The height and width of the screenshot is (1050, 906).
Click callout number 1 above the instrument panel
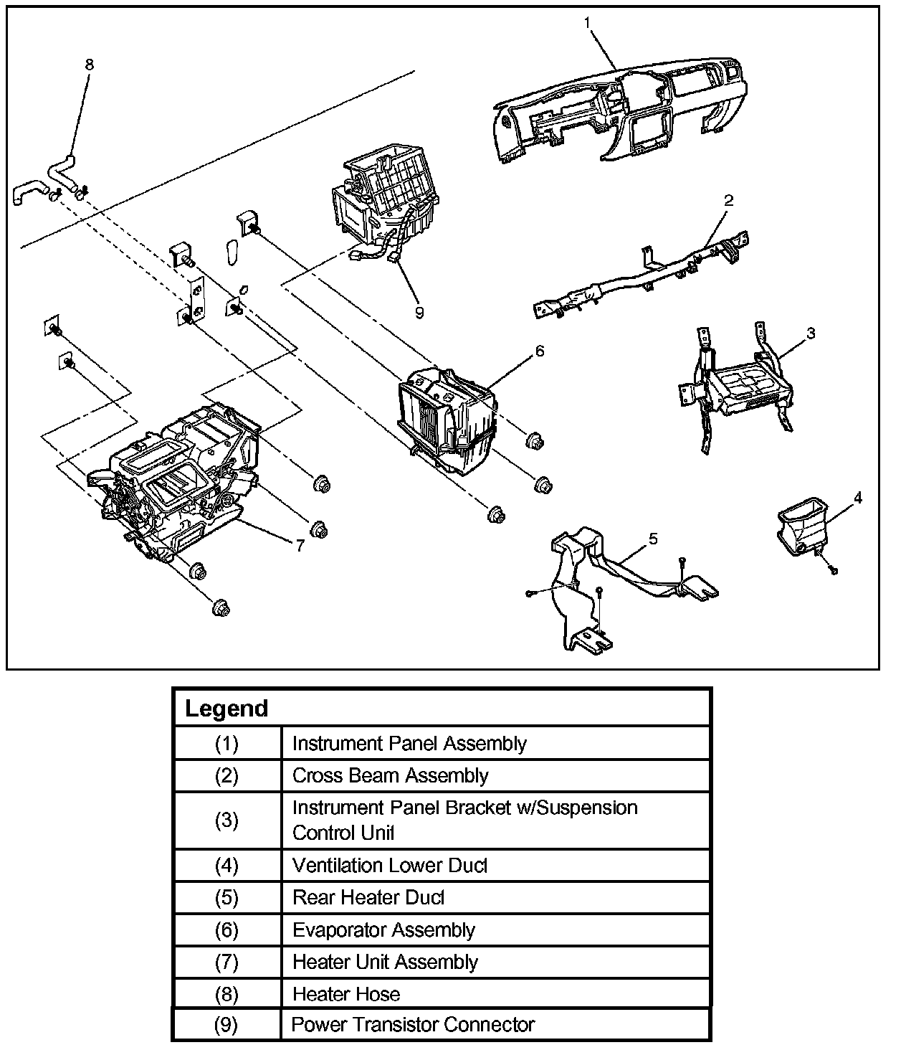point(588,23)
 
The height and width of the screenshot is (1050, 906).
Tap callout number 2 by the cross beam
point(728,200)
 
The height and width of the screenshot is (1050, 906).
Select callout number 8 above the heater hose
point(89,65)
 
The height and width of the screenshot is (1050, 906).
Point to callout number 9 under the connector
point(419,312)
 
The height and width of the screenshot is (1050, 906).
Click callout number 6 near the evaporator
point(539,351)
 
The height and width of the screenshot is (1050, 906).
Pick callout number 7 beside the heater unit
point(300,545)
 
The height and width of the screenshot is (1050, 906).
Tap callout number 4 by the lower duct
point(857,497)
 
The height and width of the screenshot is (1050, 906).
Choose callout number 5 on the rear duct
point(653,538)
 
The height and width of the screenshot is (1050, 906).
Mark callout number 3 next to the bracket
point(810,333)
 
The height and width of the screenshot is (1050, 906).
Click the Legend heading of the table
point(226,709)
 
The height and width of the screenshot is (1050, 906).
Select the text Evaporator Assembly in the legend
point(383,930)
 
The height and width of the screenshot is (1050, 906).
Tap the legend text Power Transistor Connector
point(413,1024)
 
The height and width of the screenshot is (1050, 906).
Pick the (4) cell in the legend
point(226,866)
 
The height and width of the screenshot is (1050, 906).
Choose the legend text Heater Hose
point(346,994)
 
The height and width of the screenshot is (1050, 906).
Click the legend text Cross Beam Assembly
point(390,775)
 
